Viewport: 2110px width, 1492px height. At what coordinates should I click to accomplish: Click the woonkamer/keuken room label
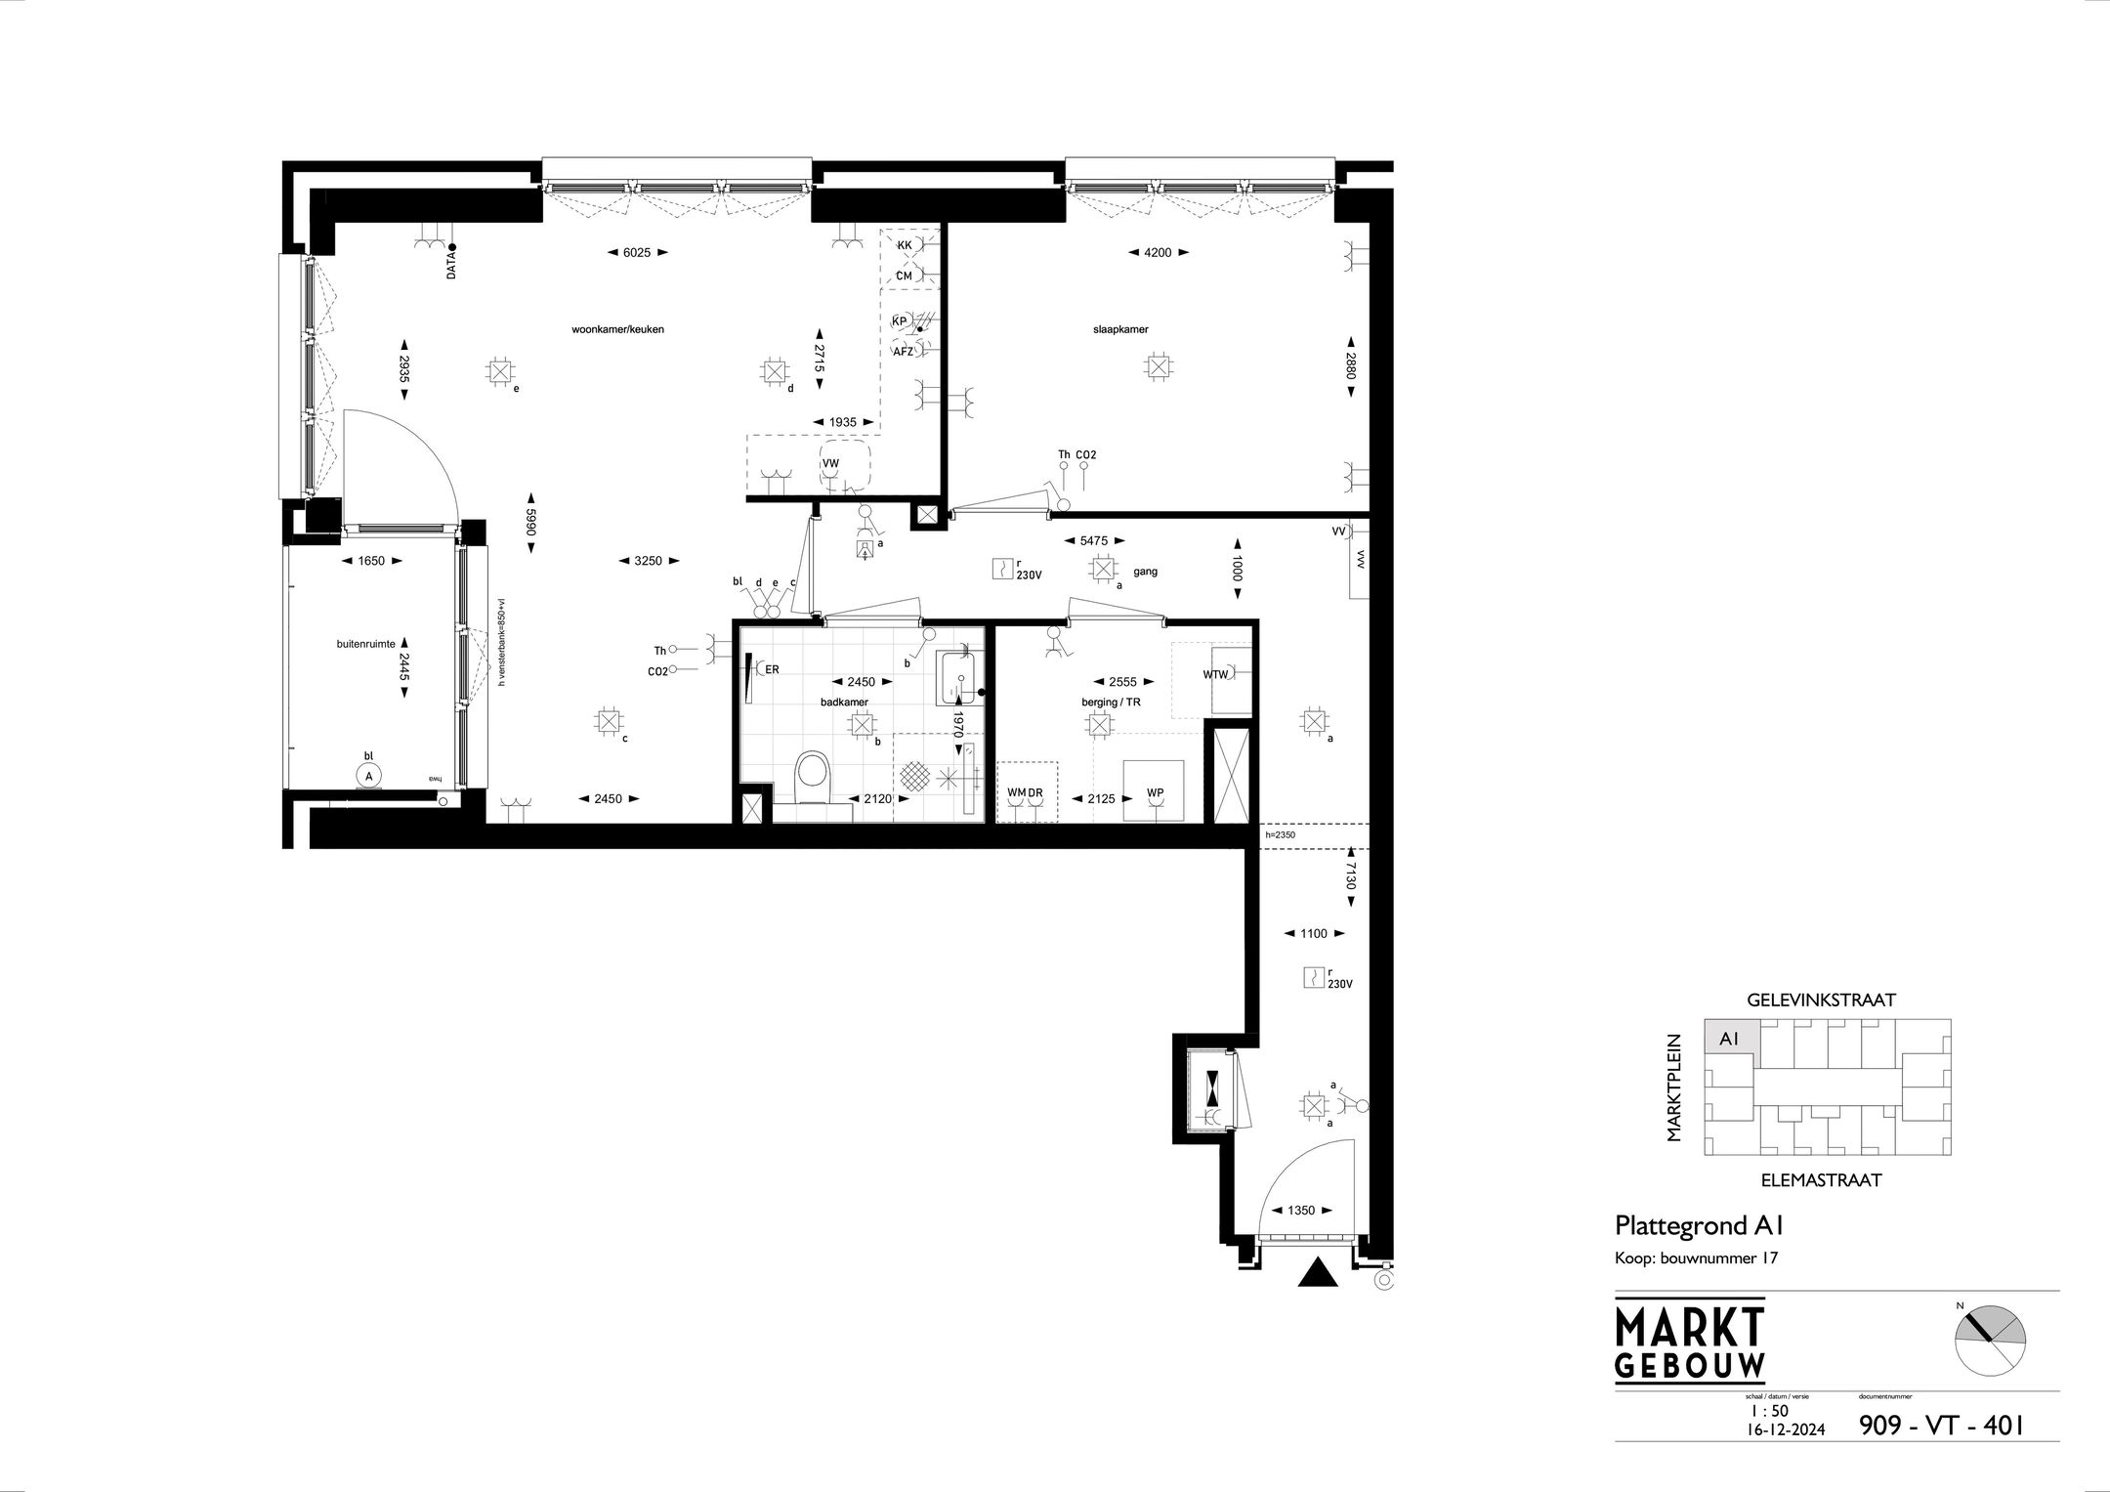tap(617, 329)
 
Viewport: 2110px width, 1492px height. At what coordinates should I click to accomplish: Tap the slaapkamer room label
tap(1120, 329)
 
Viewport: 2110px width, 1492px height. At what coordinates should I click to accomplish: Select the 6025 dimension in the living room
tap(636, 252)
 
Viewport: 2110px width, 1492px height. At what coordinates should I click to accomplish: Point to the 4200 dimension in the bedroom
tap(1158, 252)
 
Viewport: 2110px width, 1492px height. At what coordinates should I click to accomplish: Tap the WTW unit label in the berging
tap(1215, 674)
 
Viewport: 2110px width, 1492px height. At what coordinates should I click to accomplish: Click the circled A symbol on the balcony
tap(368, 776)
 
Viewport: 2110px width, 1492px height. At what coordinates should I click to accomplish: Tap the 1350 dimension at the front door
tap(1300, 1210)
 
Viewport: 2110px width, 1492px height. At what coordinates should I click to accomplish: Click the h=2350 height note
tap(1280, 835)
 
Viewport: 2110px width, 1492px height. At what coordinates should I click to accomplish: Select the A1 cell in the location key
tap(1729, 1040)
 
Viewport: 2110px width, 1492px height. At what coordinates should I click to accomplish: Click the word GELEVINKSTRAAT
tap(1821, 1000)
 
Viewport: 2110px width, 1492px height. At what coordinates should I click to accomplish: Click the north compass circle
tap(1990, 1341)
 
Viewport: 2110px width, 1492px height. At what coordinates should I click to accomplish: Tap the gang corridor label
tap(1145, 572)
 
